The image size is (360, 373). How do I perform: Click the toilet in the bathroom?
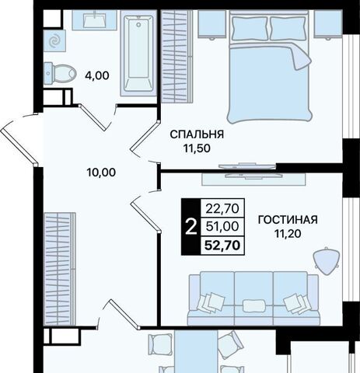(60, 74)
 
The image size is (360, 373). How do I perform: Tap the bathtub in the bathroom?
(138, 54)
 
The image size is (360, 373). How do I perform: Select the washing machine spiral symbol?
(54, 40)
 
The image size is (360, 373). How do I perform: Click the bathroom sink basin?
(95, 19)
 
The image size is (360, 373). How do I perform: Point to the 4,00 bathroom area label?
(97, 75)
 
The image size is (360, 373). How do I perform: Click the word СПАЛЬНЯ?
(197, 134)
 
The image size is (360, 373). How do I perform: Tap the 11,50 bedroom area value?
(197, 148)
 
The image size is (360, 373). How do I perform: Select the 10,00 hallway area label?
(101, 173)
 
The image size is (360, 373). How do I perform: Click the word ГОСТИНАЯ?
(288, 220)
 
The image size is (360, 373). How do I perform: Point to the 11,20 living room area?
(288, 234)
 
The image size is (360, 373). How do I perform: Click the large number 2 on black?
(191, 227)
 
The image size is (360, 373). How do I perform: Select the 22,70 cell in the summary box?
(222, 208)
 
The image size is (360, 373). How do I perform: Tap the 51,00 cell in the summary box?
(222, 227)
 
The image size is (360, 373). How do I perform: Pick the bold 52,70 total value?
(222, 246)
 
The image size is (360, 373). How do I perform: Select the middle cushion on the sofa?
(253, 305)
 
